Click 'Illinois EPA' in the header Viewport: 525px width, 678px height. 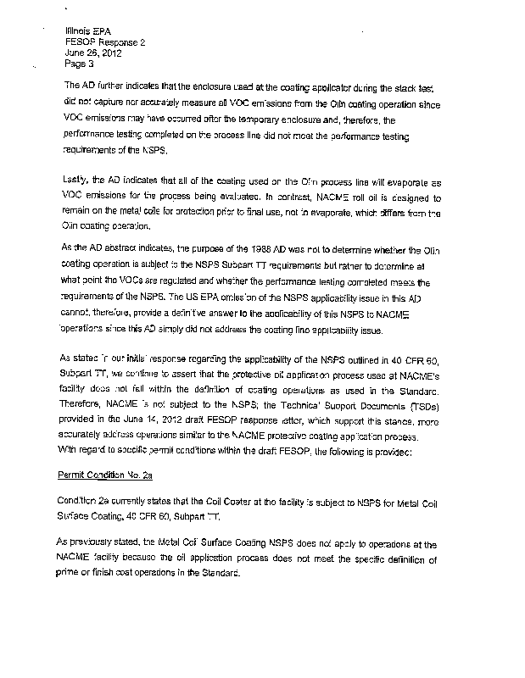[84, 30]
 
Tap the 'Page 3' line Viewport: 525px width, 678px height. [79, 62]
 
